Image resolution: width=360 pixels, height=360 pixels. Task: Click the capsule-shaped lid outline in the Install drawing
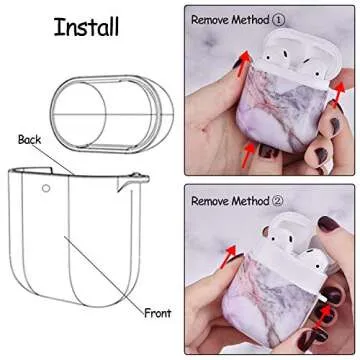(x=99, y=104)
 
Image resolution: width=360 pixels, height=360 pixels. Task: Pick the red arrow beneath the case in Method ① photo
(x=244, y=158)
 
